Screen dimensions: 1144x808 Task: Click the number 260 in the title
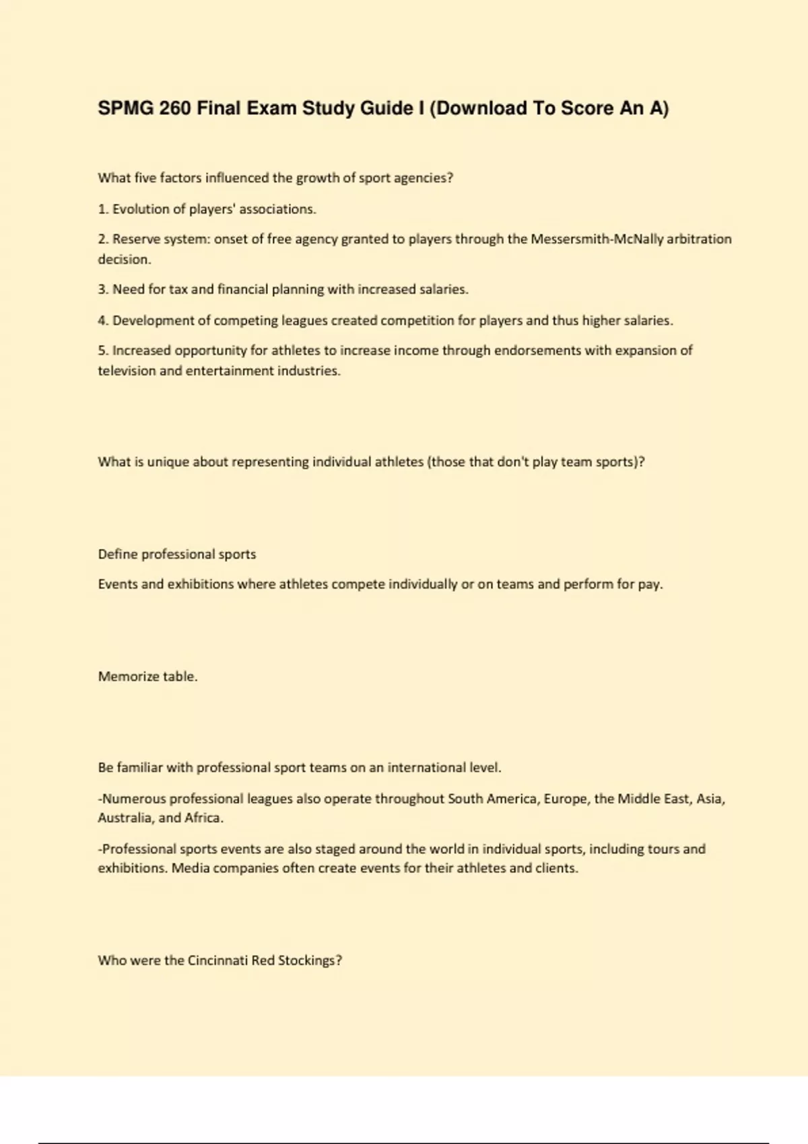(175, 108)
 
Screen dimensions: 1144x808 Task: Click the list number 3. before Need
(103, 289)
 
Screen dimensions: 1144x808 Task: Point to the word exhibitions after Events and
(201, 584)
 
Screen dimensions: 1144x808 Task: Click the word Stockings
(310, 961)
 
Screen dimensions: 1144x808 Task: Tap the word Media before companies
(190, 868)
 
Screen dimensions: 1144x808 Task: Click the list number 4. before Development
(103, 320)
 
